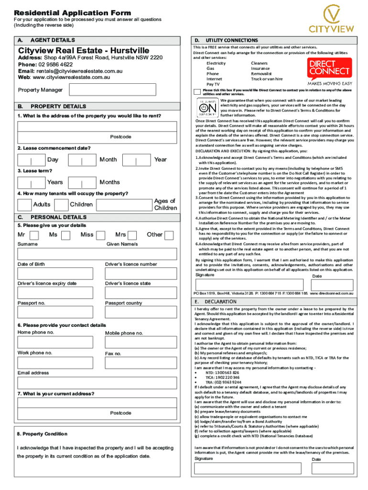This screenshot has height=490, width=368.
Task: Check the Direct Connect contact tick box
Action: coord(197,92)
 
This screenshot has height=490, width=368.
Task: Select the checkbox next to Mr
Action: coord(34,235)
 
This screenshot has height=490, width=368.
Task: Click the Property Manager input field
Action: coord(112,90)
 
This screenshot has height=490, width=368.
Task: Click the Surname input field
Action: coord(59,254)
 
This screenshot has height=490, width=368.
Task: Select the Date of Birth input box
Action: coord(59,274)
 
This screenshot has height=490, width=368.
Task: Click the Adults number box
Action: coord(25,205)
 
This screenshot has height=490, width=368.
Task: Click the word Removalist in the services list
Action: coord(261,74)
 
